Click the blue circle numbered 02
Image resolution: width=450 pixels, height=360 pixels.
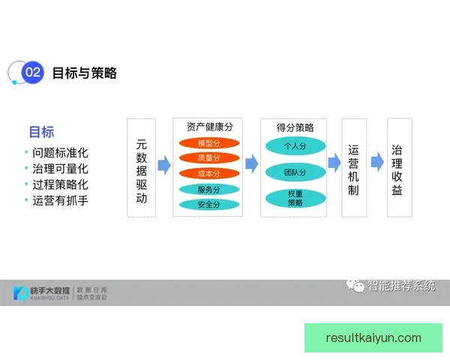[32, 73]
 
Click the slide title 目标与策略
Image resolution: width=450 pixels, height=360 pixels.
[85, 73]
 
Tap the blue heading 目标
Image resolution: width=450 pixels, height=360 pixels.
[41, 133]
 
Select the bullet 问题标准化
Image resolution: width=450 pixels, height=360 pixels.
[60, 153]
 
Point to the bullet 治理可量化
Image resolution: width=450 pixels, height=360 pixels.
[60, 169]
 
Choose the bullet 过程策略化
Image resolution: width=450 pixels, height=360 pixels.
[60, 184]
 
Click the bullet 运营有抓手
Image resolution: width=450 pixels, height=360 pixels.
[60, 200]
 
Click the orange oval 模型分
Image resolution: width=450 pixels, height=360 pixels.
[208, 143]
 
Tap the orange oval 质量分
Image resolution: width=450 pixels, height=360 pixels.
[208, 158]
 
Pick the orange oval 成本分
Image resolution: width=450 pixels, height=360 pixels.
[208, 173]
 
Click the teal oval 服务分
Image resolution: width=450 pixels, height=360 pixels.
[208, 189]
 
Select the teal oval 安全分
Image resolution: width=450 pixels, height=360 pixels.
[208, 204]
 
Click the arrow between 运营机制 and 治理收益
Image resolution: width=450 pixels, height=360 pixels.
[376, 162]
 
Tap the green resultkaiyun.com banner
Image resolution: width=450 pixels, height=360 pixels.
[373, 337]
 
